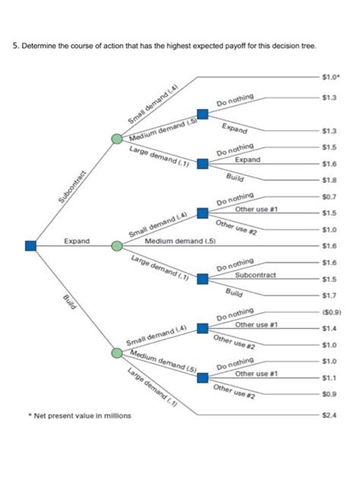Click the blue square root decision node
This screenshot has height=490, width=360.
(x=30, y=245)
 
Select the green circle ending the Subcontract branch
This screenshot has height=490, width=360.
(x=116, y=140)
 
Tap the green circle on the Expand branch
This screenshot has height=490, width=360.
(x=116, y=246)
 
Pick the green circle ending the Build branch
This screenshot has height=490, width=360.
(x=116, y=352)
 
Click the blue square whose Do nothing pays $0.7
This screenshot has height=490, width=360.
(x=202, y=213)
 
